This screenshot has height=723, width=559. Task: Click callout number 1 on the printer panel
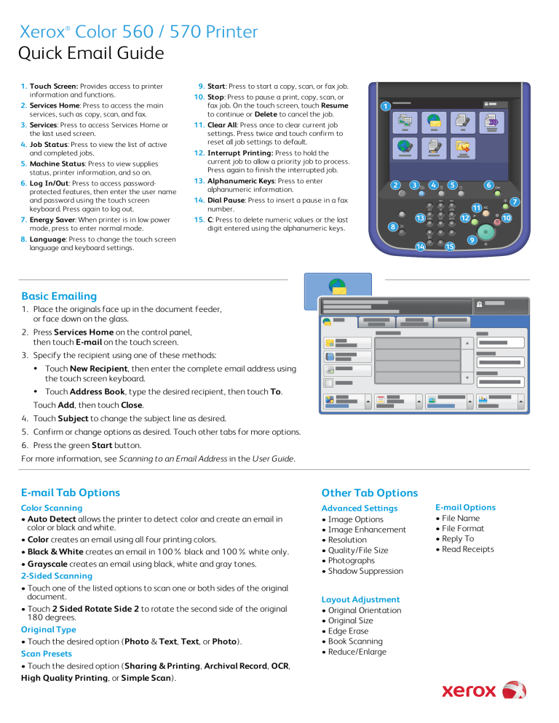[384, 106]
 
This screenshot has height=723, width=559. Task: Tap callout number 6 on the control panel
[489, 185]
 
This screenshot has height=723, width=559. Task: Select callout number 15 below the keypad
[450, 247]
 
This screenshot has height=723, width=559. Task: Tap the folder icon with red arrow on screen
[462, 148]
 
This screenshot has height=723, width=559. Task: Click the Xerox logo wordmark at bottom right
[469, 690]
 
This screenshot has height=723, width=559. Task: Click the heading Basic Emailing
[59, 296]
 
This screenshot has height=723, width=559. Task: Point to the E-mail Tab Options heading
[71, 492]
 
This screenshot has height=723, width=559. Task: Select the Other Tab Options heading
[370, 492]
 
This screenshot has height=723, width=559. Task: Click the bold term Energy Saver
[53, 220]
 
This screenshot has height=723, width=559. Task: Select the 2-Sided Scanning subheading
[57, 575]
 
